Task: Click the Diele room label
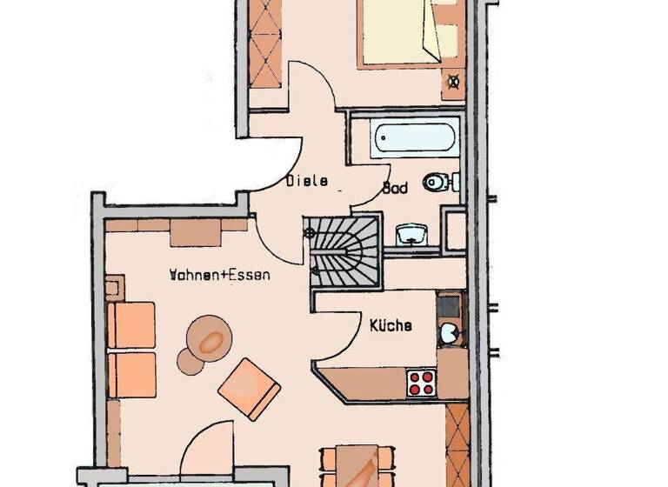(x=307, y=182)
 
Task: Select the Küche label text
(x=391, y=326)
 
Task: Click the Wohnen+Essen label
(x=219, y=275)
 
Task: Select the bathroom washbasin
(x=411, y=233)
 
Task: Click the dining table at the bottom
(x=352, y=465)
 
